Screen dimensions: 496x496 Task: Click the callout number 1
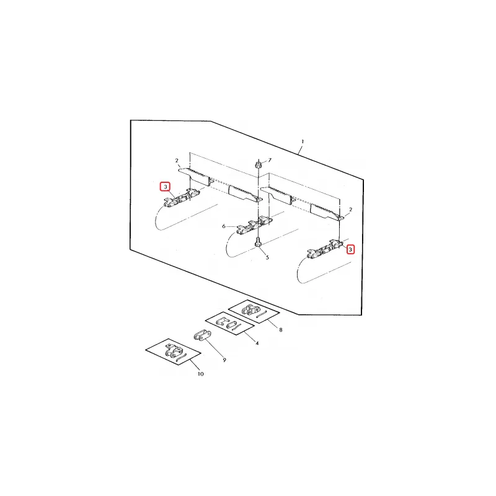pos(302,142)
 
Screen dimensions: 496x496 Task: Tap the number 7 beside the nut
pos(270,161)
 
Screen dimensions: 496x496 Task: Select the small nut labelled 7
pos(257,165)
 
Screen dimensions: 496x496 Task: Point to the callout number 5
pos(267,257)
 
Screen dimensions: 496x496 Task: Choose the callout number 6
pos(224,227)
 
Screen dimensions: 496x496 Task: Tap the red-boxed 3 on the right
pos(350,249)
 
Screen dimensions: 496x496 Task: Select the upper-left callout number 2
pos(177,161)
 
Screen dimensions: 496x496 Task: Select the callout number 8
pos(280,330)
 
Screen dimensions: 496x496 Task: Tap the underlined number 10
pos(200,374)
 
